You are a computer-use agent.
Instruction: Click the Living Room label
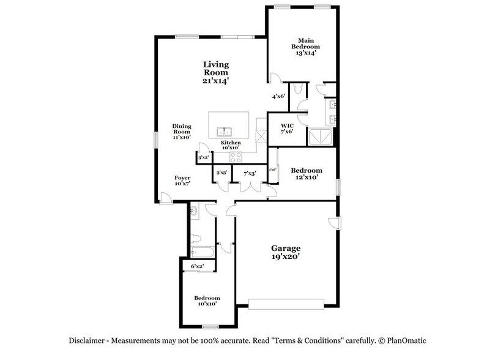tap(216, 72)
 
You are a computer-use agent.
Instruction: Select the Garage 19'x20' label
tap(286, 252)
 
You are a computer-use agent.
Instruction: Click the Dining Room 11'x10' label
tap(182, 132)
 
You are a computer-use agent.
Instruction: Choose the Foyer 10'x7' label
tap(182, 180)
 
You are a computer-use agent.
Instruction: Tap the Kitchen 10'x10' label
tap(231, 145)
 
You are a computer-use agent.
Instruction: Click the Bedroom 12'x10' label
tap(306, 174)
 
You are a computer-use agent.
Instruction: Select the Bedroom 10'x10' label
tap(207, 301)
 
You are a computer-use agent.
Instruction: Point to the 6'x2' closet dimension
tap(197, 266)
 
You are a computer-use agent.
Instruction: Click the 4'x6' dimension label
tap(279, 96)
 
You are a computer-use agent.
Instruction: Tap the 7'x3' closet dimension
tap(249, 173)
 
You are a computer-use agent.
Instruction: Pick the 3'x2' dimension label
tap(204, 158)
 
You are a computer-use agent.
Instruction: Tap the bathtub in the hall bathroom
tap(201, 251)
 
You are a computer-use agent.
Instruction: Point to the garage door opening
tap(287, 303)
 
